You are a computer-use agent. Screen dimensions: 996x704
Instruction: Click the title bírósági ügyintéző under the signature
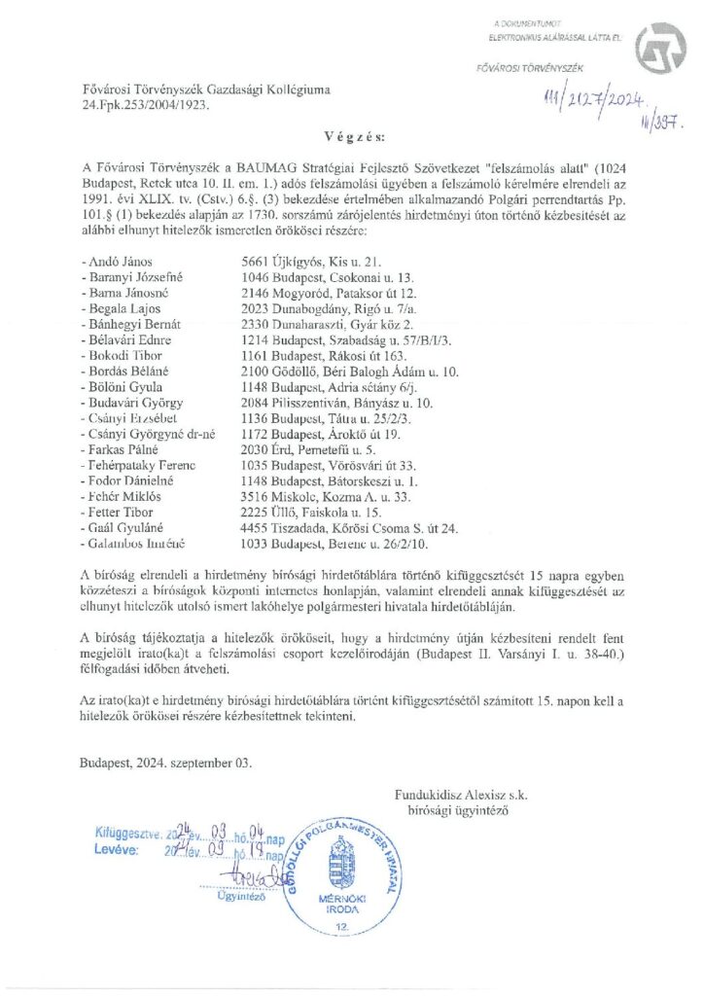click(x=456, y=809)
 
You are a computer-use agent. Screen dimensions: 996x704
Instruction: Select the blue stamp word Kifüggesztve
click(x=127, y=833)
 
